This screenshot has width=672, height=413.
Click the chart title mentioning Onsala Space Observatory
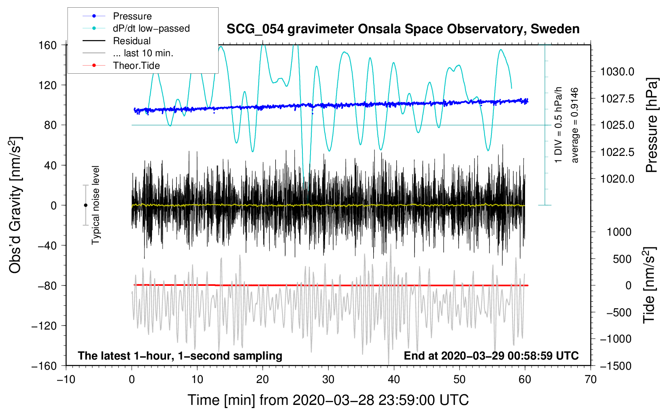click(x=403, y=29)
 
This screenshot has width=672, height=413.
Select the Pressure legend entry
click(x=132, y=16)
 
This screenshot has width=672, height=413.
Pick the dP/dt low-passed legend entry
click(x=151, y=28)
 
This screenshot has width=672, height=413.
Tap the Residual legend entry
click(x=132, y=41)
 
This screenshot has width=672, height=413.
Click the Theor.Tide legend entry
click(x=136, y=66)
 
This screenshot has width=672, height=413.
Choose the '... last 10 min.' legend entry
click(x=143, y=53)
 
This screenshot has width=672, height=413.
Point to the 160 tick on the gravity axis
click(x=47, y=45)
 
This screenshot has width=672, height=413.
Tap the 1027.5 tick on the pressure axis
click(x=617, y=98)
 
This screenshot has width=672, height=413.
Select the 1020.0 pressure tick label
click(x=617, y=179)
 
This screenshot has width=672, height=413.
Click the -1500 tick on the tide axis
click(x=615, y=366)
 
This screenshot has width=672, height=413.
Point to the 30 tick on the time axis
click(x=328, y=379)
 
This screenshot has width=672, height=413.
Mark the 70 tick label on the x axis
click(x=591, y=379)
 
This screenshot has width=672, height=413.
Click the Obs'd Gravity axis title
click(x=15, y=205)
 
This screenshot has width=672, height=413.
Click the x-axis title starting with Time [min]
click(x=328, y=400)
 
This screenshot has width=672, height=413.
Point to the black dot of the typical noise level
click(x=85, y=205)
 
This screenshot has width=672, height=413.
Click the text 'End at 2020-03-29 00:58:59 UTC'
click(x=491, y=356)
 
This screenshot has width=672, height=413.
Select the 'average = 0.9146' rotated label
click(x=575, y=126)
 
